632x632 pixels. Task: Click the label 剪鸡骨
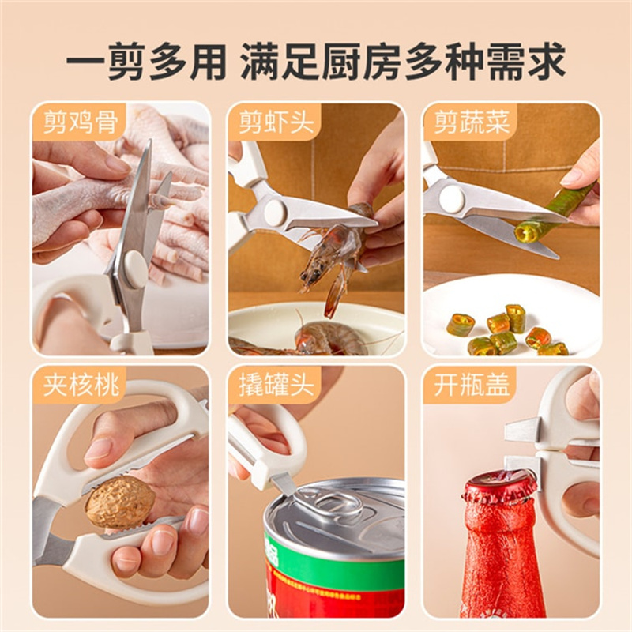[x=81, y=122]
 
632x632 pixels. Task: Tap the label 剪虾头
[x=276, y=122]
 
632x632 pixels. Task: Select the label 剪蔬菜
[x=472, y=122]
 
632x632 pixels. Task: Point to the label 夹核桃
[x=81, y=384]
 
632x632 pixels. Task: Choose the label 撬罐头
[x=276, y=384]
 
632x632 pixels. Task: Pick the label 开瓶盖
[x=472, y=384]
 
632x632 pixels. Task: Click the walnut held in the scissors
[x=120, y=502]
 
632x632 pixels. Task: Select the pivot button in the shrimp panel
[x=274, y=209]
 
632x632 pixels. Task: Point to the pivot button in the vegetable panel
[x=452, y=197]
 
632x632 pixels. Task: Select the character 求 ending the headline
[x=546, y=62]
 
